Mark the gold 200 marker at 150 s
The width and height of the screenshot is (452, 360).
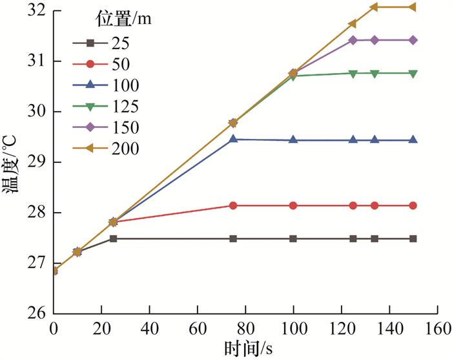tap(413, 7)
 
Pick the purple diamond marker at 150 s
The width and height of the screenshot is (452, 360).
tap(413, 40)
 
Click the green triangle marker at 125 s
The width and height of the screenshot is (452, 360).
tap(353, 74)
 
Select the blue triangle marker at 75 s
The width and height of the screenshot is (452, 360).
tap(233, 139)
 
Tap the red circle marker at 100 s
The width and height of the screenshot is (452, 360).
tap(293, 206)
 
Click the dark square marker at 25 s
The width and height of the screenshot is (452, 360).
tap(114, 238)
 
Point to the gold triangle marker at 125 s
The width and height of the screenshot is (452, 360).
tap(353, 24)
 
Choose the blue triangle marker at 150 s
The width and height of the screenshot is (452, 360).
tap(413, 140)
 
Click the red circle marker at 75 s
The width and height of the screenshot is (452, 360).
tap(233, 206)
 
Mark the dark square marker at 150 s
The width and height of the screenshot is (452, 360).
tap(413, 238)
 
